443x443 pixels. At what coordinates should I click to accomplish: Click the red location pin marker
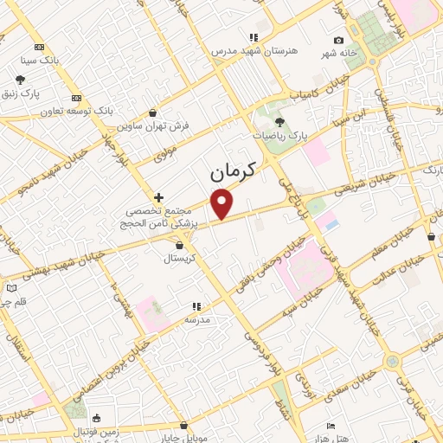pyautogui.click(x=223, y=204)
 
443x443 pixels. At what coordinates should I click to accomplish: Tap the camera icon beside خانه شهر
pyautogui.click(x=338, y=40)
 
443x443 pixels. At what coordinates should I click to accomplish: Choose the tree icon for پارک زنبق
pyautogui.click(x=20, y=80)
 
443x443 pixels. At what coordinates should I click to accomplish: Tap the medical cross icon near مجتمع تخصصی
pyautogui.click(x=157, y=197)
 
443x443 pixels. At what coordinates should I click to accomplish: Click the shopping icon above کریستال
pyautogui.click(x=179, y=246)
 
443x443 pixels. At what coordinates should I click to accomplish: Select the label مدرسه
pyautogui.click(x=197, y=319)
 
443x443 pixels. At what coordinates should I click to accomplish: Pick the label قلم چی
pyautogui.click(x=12, y=302)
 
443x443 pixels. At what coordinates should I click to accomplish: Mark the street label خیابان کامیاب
pyautogui.click(x=305, y=91)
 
